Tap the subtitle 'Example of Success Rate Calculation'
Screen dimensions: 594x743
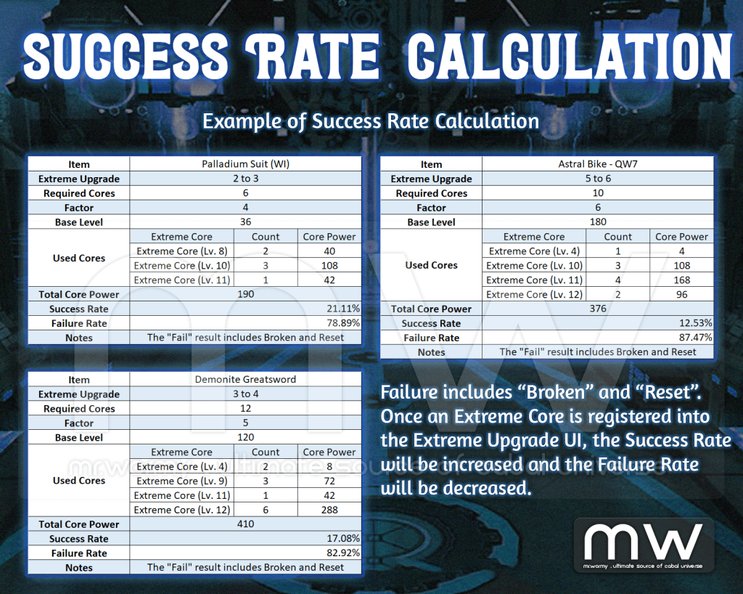[370, 121]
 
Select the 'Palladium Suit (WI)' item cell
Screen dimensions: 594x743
[245, 164]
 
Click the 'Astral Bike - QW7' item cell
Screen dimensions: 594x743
[597, 164]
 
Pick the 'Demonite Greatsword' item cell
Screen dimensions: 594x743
[245, 380]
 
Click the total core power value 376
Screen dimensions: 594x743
[597, 309]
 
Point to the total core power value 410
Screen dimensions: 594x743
[245, 524]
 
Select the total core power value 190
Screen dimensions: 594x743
[245, 294]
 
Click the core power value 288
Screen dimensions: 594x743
[329, 510]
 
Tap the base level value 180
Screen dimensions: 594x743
[597, 222]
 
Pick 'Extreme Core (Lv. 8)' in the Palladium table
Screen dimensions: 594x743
[181, 251]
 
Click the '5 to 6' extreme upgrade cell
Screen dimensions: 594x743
[597, 179]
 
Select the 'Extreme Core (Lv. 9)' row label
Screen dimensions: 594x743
[181, 481]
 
